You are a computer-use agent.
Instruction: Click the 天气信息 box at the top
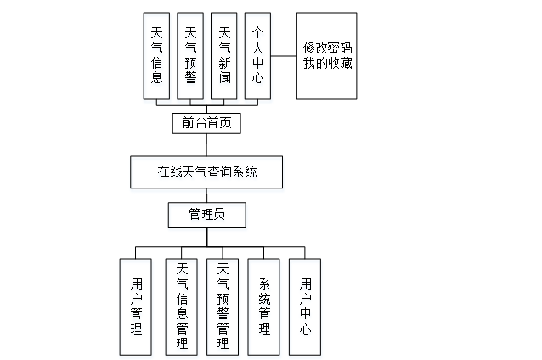(x=156, y=56)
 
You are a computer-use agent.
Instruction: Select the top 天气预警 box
(x=190, y=56)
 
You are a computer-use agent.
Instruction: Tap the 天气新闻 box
(x=224, y=56)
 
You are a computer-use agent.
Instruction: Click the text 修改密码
(x=326, y=48)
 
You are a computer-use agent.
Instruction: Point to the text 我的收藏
(x=326, y=64)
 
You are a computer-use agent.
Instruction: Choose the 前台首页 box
(x=206, y=123)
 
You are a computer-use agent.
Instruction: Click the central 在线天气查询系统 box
(x=206, y=172)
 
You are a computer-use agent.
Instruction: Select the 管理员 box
(x=207, y=215)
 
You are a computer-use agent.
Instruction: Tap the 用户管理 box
(x=137, y=306)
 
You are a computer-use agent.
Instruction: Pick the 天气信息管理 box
(x=182, y=306)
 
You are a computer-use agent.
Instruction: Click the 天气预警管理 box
(x=223, y=306)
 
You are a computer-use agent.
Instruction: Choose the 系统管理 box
(x=264, y=306)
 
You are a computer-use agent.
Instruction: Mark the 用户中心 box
(x=305, y=306)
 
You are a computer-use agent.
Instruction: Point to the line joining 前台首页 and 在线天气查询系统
(x=206, y=145)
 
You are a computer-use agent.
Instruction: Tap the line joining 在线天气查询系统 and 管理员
(x=206, y=194)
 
